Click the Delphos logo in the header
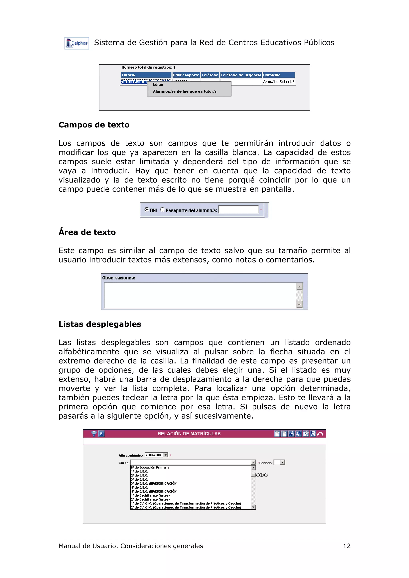[x=77, y=43]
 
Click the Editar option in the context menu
[x=158, y=85]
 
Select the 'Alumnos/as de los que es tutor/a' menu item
[x=185, y=92]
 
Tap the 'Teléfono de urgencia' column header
[x=241, y=75]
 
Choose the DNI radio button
[x=146, y=209]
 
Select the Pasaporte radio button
[x=162, y=209]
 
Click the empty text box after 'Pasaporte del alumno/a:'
[x=238, y=209]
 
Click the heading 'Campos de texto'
[x=94, y=125]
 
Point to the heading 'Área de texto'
[x=87, y=232]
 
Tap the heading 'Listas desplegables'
[x=100, y=324]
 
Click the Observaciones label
[x=119, y=278]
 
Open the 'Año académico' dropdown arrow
[x=166, y=455]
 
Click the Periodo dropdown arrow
[x=283, y=462]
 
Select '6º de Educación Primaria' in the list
[x=150, y=468]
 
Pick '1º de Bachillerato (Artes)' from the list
[x=150, y=495]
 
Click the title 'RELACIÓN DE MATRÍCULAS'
[x=189, y=434]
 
